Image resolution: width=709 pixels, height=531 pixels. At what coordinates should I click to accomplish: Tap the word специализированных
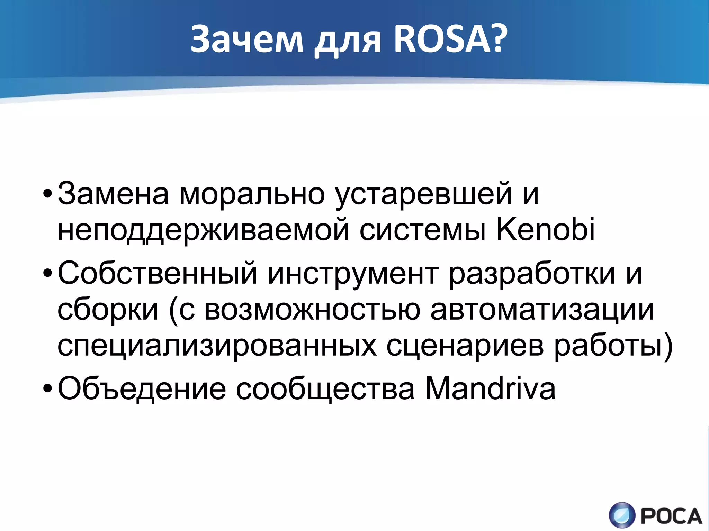217,347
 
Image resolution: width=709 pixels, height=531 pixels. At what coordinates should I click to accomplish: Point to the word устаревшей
424,194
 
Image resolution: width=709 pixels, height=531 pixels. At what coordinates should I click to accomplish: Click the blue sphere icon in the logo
622,515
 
